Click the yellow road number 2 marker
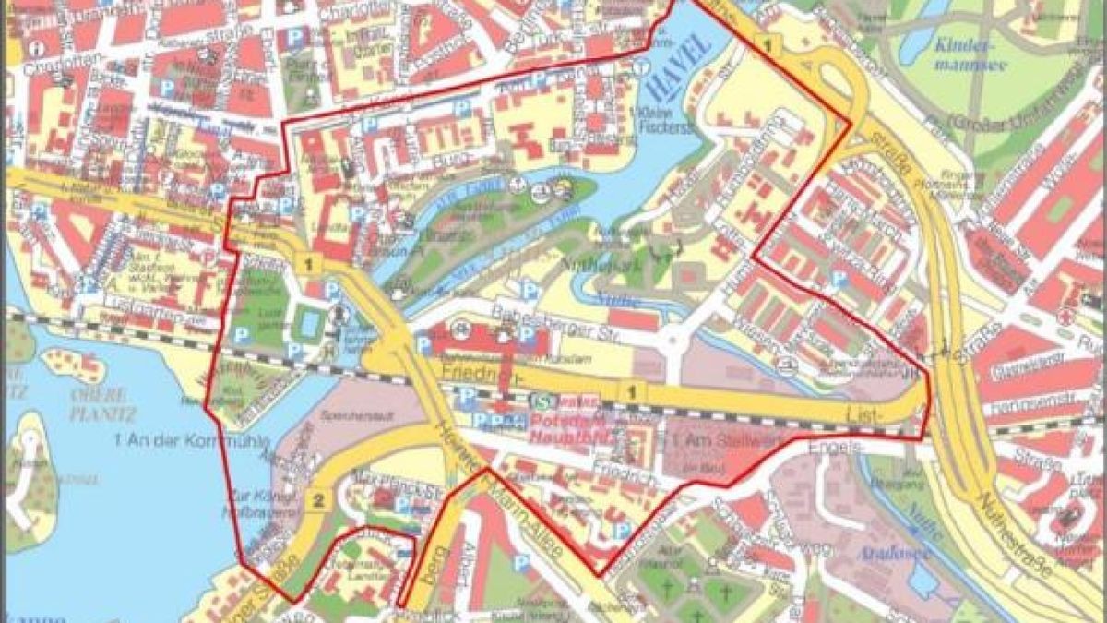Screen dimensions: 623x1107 (318, 501)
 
